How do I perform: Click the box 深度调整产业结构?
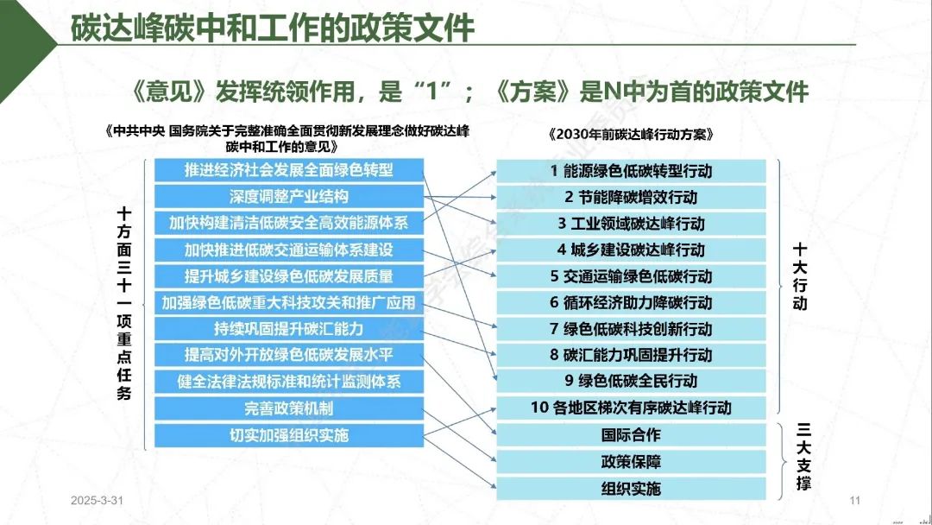(x=289, y=197)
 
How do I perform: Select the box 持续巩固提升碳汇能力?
(x=289, y=329)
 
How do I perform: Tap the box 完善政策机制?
(x=289, y=408)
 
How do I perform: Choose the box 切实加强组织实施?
(x=289, y=435)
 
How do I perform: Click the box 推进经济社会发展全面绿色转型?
(x=289, y=170)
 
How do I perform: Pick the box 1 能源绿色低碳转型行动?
(x=631, y=171)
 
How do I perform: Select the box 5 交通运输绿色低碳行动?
(x=631, y=276)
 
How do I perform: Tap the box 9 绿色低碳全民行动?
(x=631, y=381)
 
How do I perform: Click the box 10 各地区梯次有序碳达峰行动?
(x=631, y=408)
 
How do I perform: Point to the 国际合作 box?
(x=631, y=435)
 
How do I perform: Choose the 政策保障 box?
(x=631, y=462)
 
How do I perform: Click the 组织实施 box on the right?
(x=631, y=489)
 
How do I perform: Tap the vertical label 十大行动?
(x=800, y=275)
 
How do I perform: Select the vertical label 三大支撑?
(x=803, y=456)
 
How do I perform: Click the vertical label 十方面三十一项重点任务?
(x=123, y=303)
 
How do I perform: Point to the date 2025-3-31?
(x=97, y=501)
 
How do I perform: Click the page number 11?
(x=854, y=501)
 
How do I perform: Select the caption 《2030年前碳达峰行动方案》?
(x=631, y=135)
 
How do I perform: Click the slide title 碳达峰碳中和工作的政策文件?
(x=273, y=28)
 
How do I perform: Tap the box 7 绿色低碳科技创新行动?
(x=631, y=329)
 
